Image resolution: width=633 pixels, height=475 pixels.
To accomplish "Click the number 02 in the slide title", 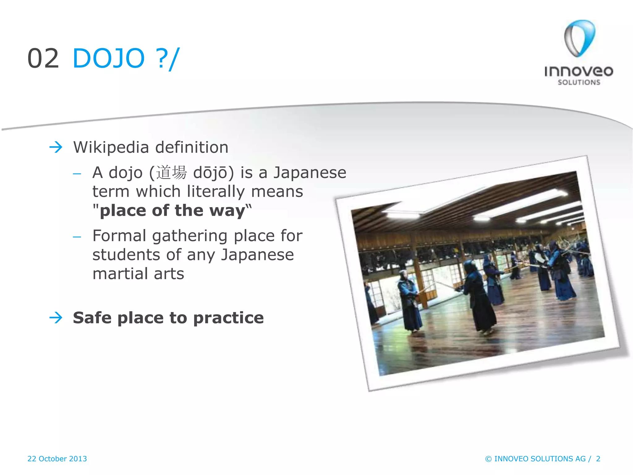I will point(43,58).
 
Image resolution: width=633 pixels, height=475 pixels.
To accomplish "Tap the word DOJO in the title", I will point(108,58).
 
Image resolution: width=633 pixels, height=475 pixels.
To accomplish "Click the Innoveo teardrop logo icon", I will point(579,38).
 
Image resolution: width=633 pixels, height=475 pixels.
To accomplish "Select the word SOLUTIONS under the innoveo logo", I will point(579,82).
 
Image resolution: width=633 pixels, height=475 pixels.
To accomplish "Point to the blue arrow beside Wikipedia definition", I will point(56,147).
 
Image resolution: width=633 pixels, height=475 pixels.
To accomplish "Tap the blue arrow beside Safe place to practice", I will point(56,318).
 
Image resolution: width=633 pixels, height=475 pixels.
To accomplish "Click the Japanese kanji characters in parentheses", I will point(171,173).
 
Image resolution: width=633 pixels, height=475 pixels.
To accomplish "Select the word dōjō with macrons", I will point(210,173).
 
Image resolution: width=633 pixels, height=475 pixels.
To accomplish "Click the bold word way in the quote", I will point(227,211).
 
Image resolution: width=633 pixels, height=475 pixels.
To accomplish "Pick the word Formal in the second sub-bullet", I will point(119,236).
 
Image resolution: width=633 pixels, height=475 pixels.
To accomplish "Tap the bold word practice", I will point(228,318).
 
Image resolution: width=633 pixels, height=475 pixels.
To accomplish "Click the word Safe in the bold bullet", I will point(92,318).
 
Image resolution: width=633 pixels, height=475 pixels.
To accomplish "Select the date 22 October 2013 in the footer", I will point(57,459).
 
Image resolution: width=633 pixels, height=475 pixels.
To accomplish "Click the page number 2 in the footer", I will point(598,459).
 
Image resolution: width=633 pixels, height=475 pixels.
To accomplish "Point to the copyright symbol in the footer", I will point(488,459).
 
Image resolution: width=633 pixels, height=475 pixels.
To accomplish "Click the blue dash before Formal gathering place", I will point(77,237).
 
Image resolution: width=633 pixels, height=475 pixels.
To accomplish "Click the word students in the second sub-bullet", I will point(126,255).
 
